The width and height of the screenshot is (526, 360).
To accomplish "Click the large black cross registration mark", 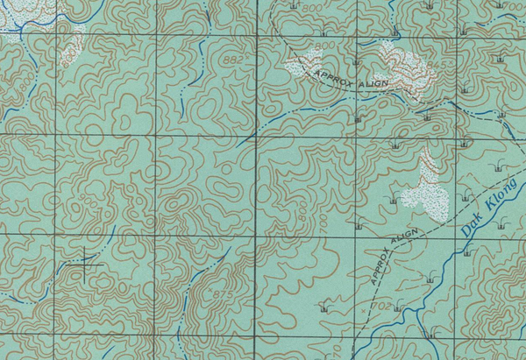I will [x=85, y=262].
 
